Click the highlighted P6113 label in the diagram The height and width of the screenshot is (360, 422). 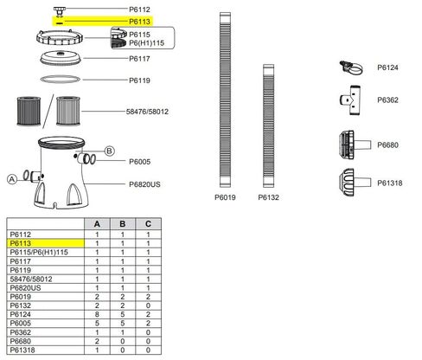pyautogui.click(x=139, y=22)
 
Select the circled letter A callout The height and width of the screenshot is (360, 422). pyautogui.click(x=12, y=179)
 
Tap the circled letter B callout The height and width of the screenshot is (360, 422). pyautogui.click(x=109, y=151)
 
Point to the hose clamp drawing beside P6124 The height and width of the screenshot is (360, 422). pyautogui.click(x=351, y=68)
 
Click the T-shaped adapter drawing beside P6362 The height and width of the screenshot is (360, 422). pyautogui.click(x=350, y=100)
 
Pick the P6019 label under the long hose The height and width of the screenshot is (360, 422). pyautogui.click(x=225, y=197)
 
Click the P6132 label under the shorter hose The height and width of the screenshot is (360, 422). pyautogui.click(x=268, y=197)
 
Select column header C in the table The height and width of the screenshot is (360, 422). pyautogui.click(x=148, y=224)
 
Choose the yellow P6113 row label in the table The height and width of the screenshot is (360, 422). pyautogui.click(x=21, y=243)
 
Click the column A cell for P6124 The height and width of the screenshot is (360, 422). pyautogui.click(x=97, y=314)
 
